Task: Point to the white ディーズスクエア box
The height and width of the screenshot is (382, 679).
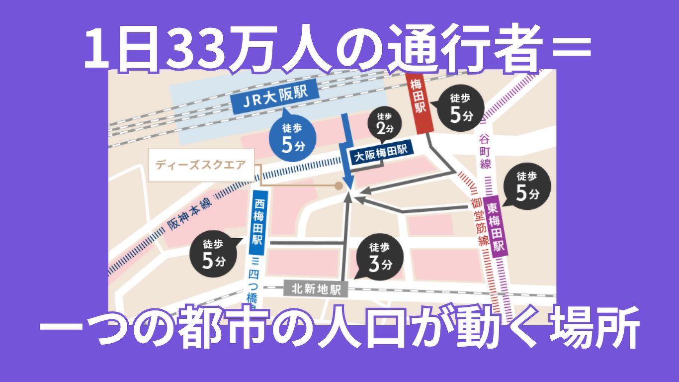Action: tap(201, 165)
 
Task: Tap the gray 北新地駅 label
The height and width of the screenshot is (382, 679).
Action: tap(316, 288)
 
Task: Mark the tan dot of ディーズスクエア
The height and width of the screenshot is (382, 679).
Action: tap(339, 186)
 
